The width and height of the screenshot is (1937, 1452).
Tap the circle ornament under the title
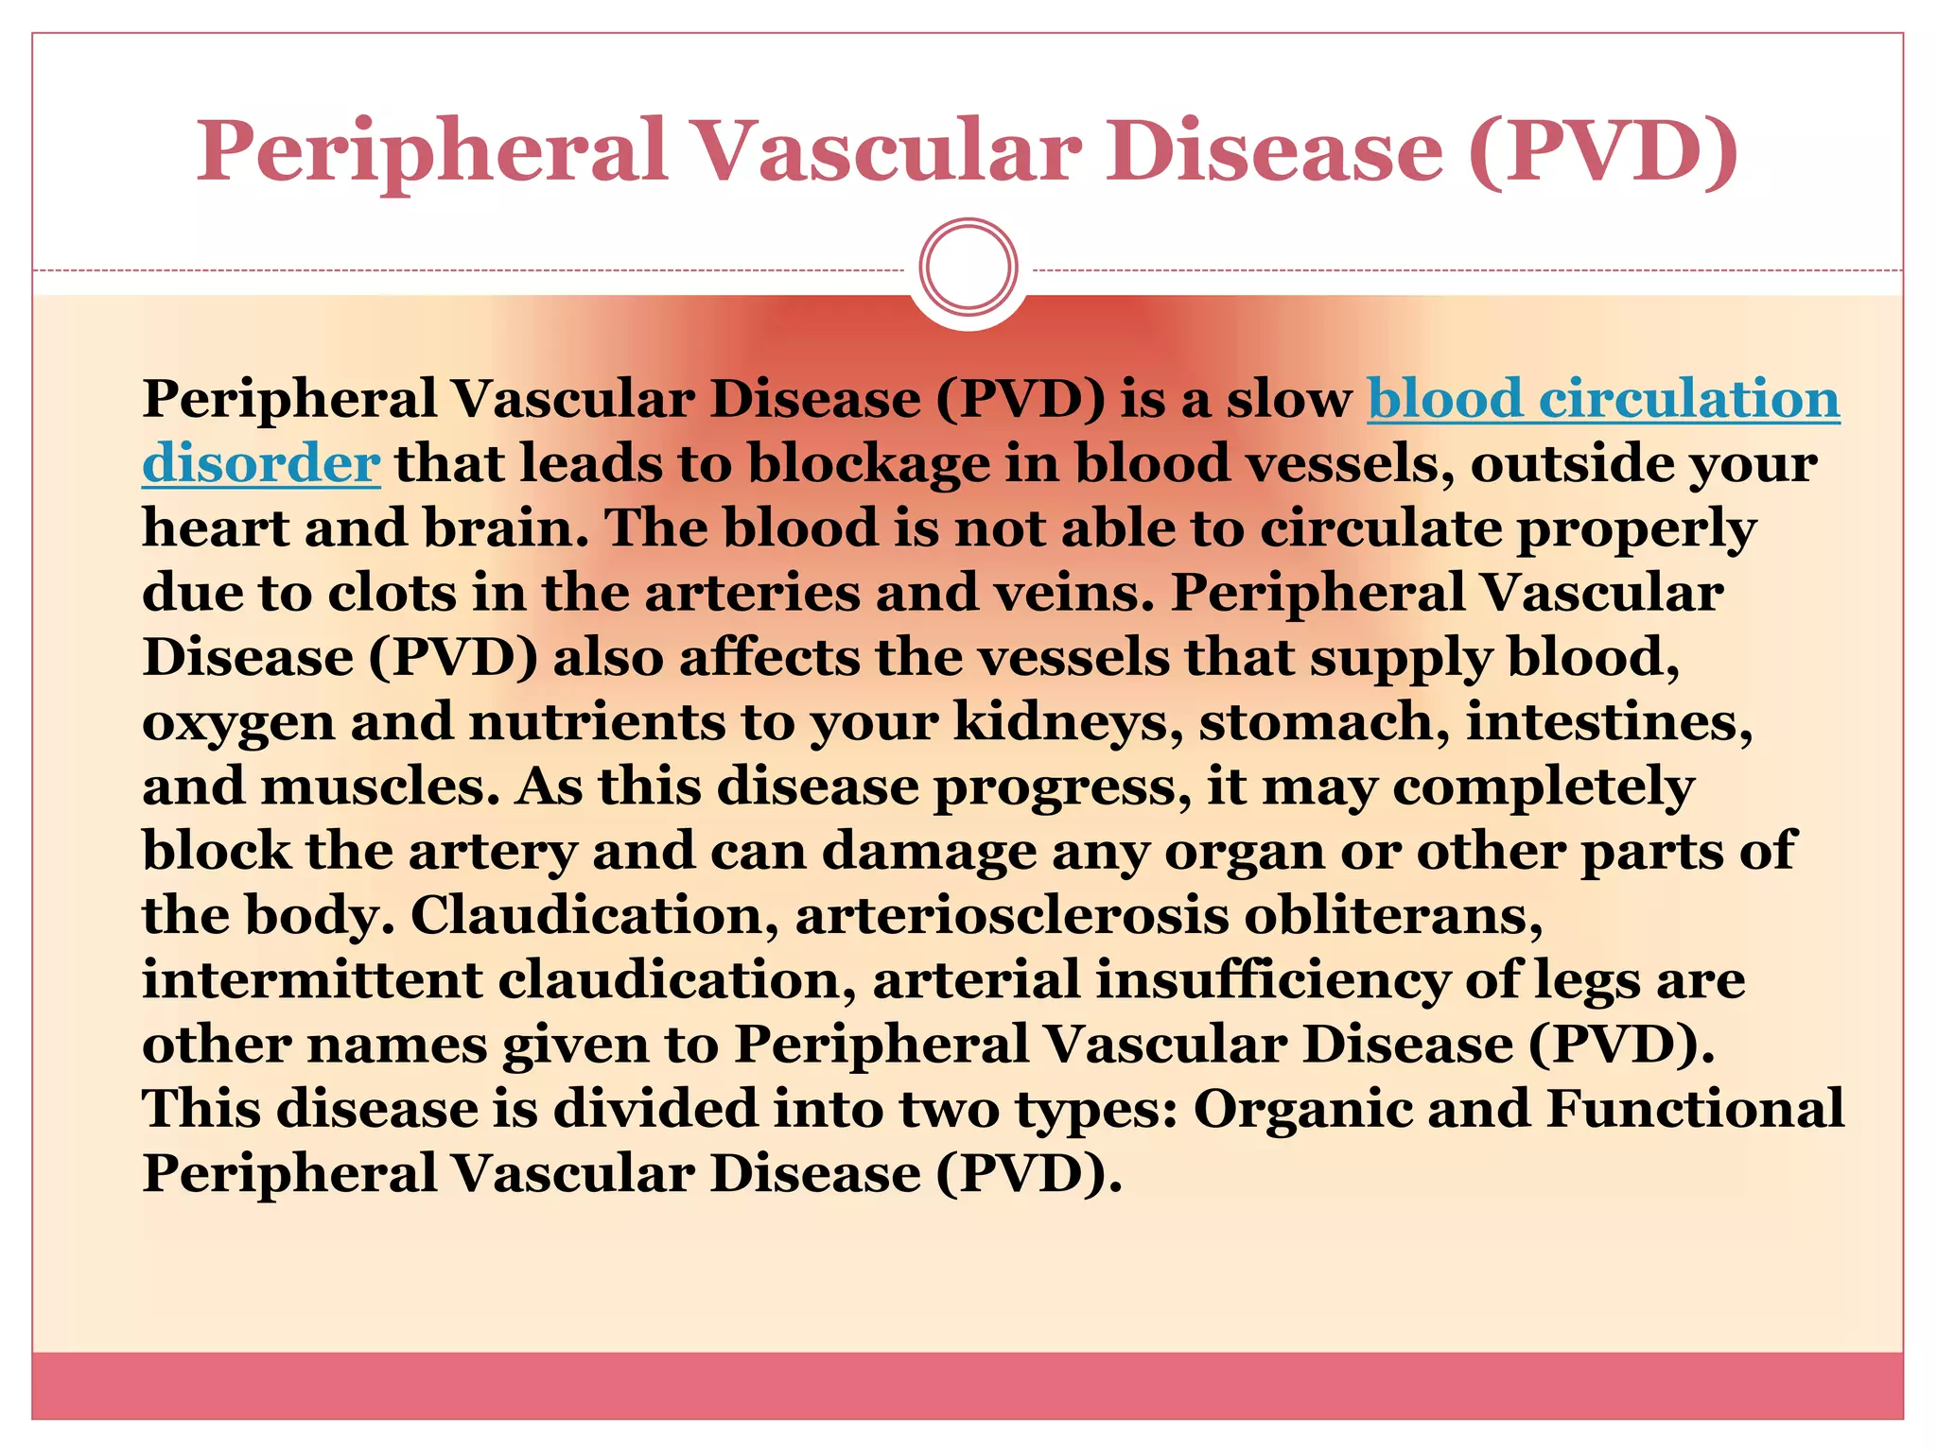[x=968, y=268]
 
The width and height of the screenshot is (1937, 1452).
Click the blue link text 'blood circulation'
[x=1603, y=398]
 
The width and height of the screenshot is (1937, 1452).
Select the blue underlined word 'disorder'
[x=261, y=463]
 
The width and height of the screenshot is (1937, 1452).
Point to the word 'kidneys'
[x=1067, y=721]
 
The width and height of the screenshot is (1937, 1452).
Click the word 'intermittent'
[x=312, y=979]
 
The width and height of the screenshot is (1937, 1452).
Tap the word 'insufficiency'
[x=1272, y=979]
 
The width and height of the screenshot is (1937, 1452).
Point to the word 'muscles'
[x=378, y=786]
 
